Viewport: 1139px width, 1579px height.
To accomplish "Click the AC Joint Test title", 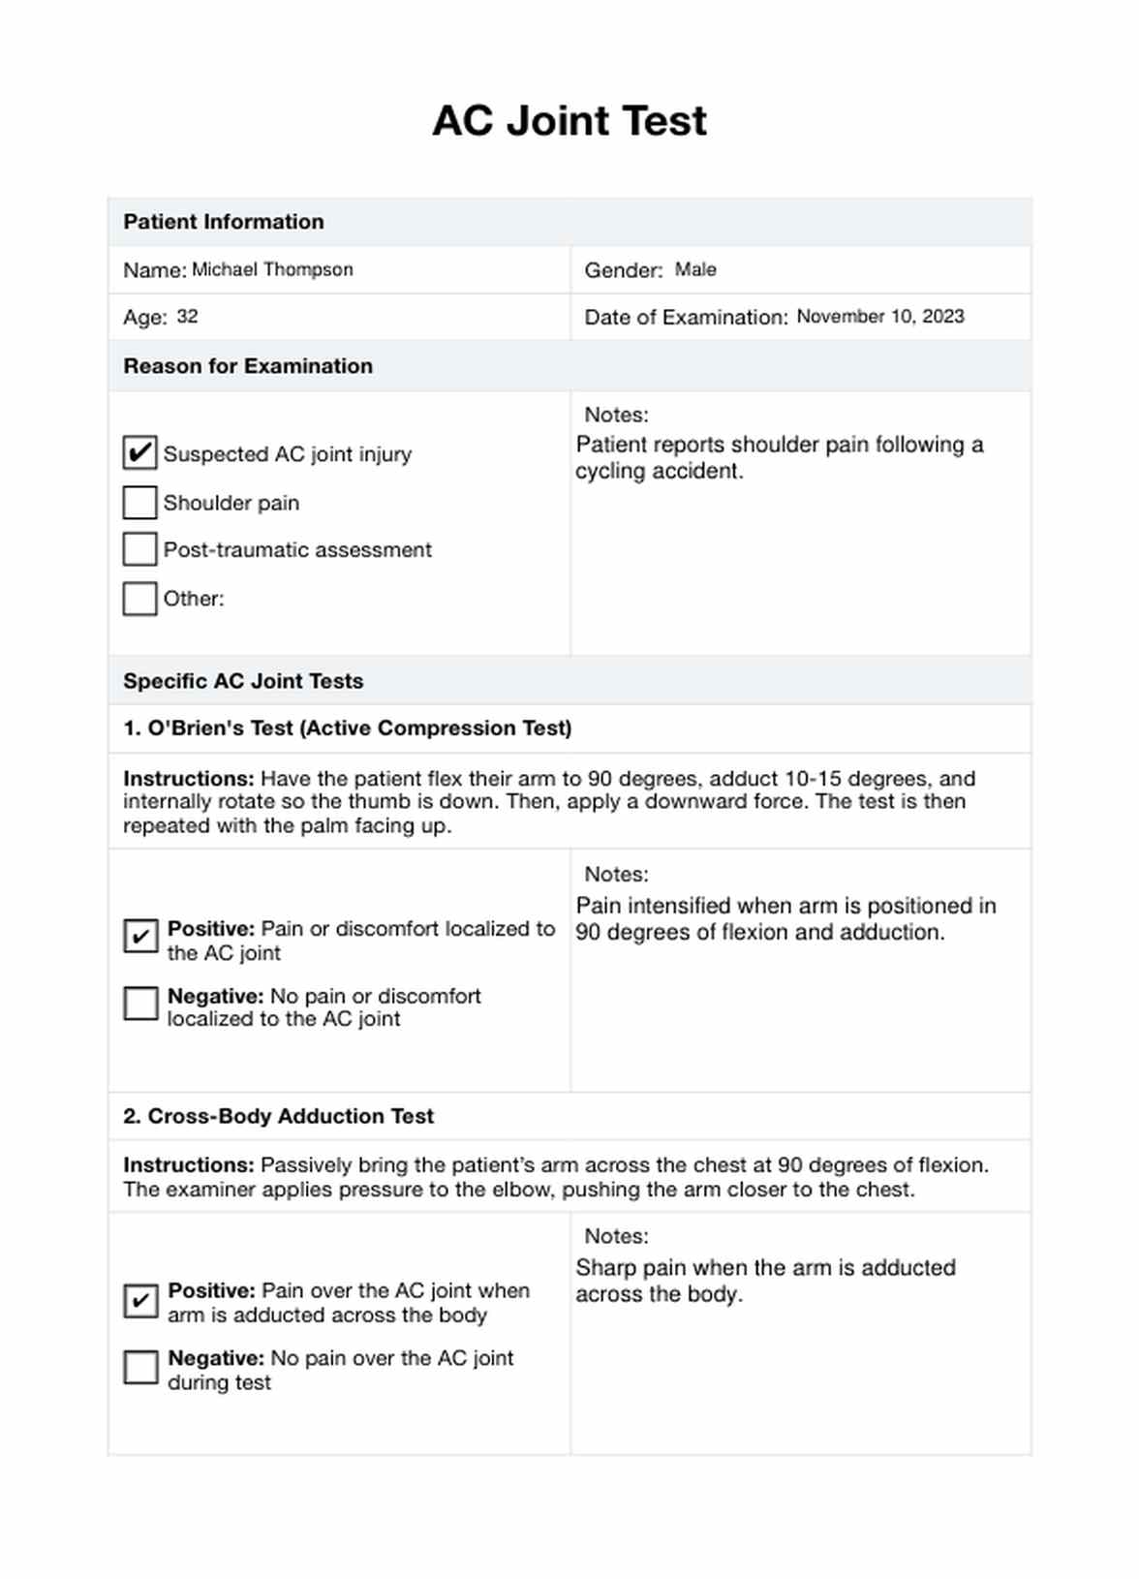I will [x=569, y=121].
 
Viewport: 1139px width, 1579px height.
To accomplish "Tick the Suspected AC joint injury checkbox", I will [x=140, y=452].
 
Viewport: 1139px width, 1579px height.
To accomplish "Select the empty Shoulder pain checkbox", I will [x=140, y=502].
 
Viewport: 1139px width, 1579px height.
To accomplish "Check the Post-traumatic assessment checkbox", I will [x=140, y=549].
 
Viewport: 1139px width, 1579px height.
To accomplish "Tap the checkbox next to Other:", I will [x=140, y=598].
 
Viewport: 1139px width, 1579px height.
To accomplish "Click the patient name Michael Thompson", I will [x=272, y=269].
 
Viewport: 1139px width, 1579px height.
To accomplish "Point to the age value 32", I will [x=187, y=317].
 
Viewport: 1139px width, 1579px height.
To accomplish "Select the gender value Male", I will [x=695, y=269].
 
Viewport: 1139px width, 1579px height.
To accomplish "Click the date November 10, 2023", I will [x=880, y=317].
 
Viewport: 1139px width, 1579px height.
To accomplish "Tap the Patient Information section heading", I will [x=224, y=222].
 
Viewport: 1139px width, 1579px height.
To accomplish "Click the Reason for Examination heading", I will [x=248, y=366].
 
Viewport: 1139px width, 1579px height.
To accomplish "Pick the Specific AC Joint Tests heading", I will [x=243, y=681].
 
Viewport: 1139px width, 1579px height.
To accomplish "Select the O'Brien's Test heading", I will [x=347, y=728].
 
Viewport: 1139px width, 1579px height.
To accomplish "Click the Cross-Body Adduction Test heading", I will [x=278, y=1116].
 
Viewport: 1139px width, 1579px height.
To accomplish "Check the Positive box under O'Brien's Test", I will [x=140, y=936].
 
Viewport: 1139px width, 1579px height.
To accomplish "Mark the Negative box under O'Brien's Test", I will [x=140, y=1004].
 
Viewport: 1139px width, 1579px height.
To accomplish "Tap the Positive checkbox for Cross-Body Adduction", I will [x=140, y=1300].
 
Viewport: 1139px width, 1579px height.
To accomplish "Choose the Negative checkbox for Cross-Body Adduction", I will [x=140, y=1367].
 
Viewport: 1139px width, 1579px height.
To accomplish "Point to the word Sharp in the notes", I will [x=603, y=1268].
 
